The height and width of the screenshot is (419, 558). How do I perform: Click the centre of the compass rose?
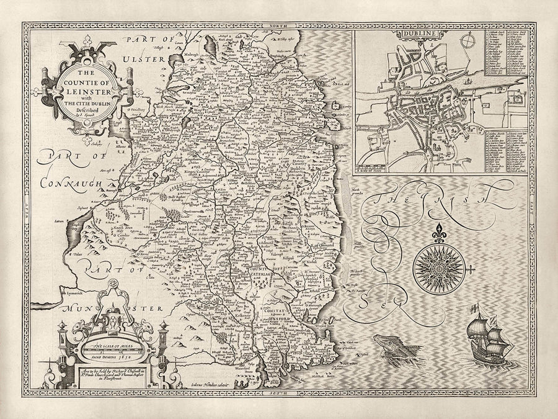(x=441, y=263)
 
